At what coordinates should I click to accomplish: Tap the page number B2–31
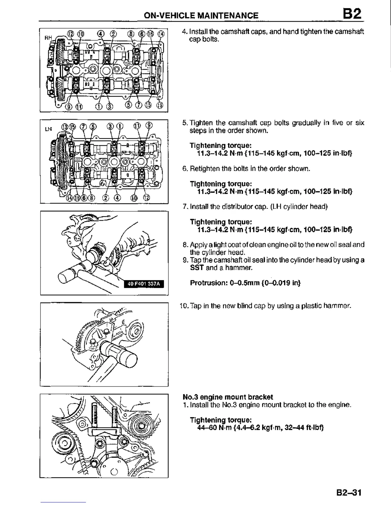pyautogui.click(x=349, y=492)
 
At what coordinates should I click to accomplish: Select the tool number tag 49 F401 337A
pyautogui.click(x=143, y=284)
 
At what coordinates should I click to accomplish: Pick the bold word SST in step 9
pyautogui.click(x=196, y=267)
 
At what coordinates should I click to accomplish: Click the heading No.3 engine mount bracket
pyautogui.click(x=228, y=397)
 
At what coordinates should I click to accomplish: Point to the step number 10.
pyautogui.click(x=183, y=306)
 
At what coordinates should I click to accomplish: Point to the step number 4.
pyautogui.click(x=184, y=32)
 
